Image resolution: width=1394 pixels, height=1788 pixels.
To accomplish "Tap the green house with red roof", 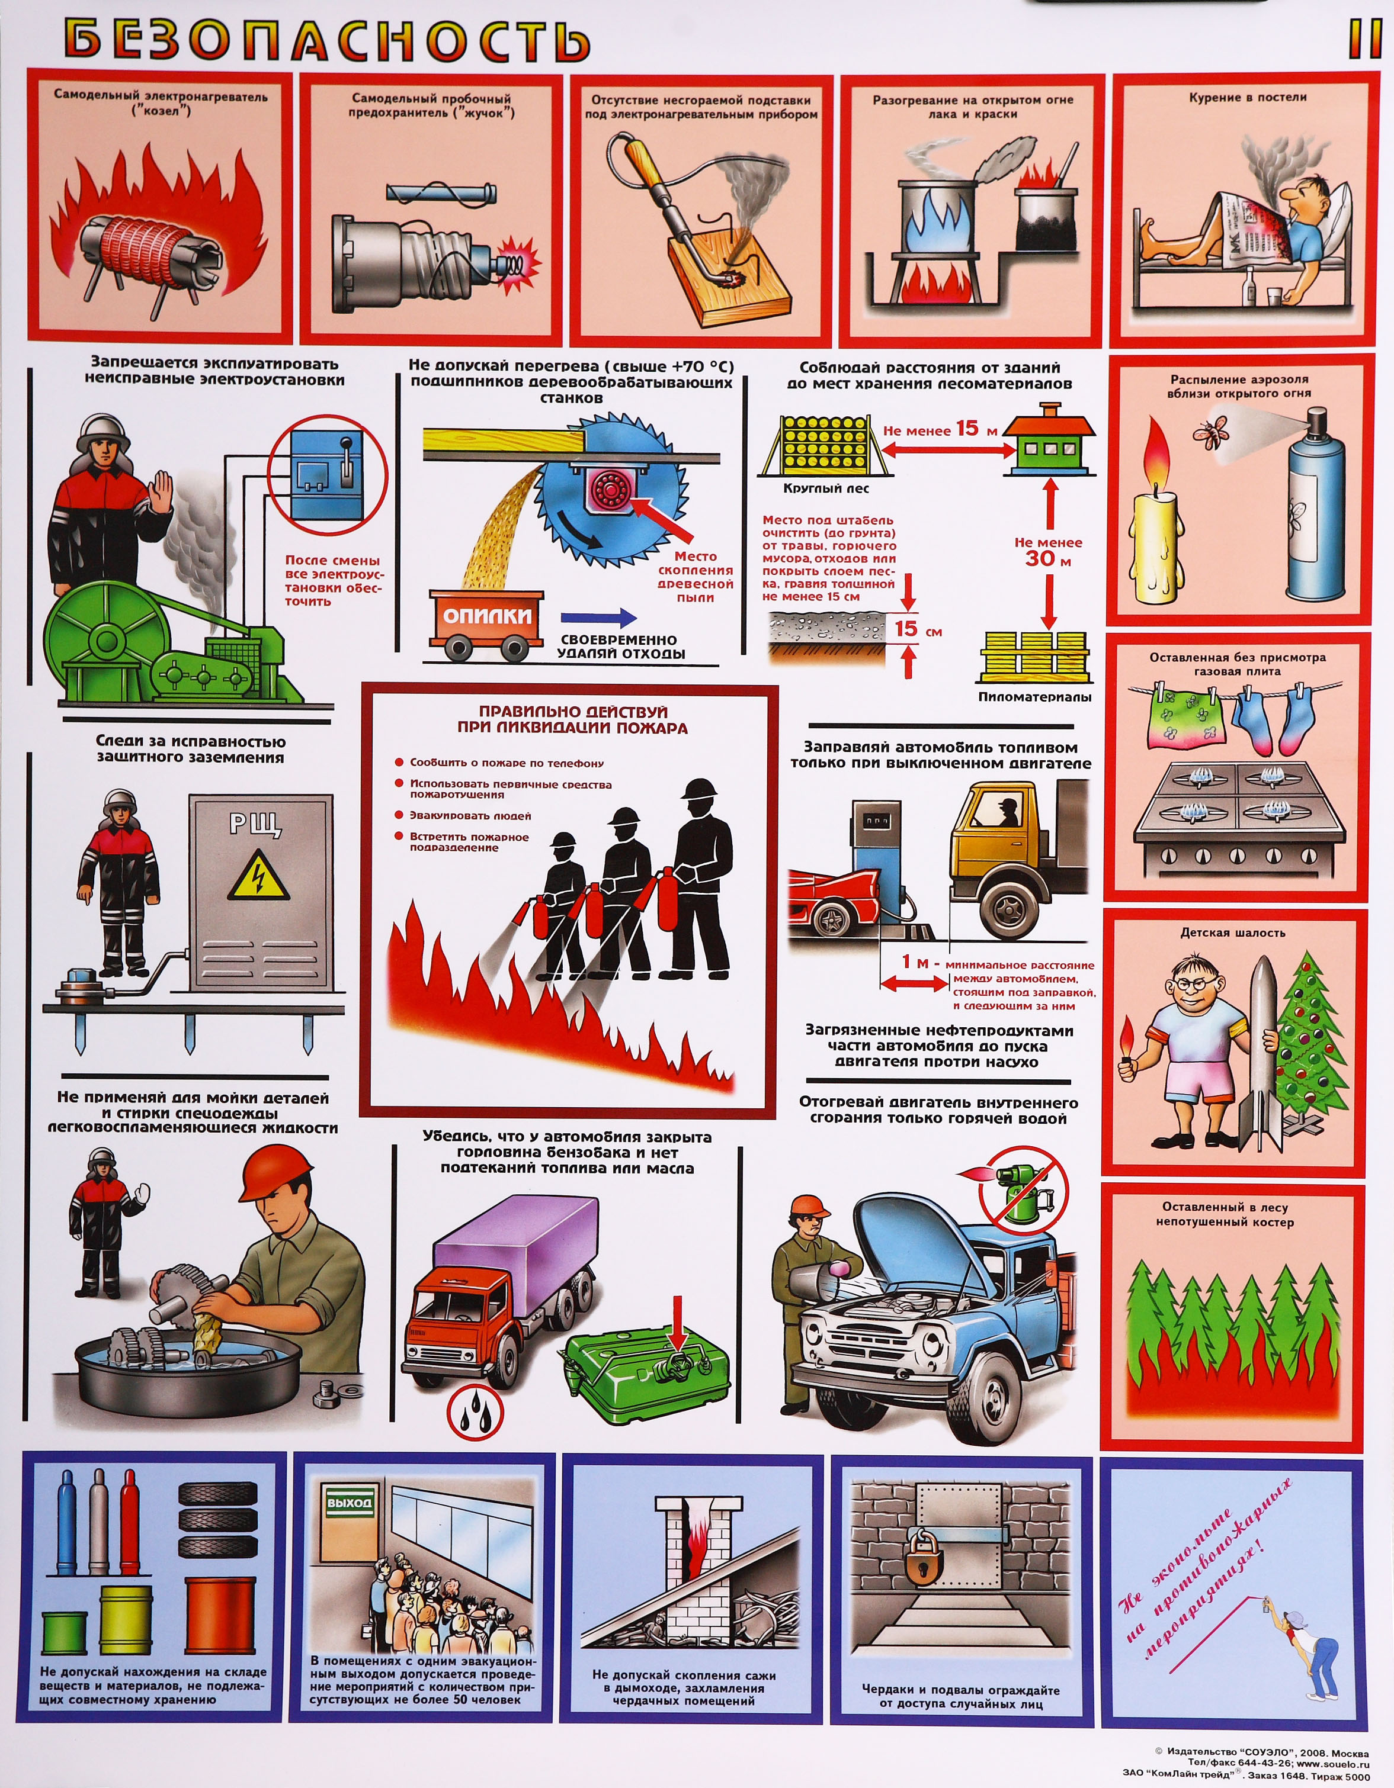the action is point(1050,440).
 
